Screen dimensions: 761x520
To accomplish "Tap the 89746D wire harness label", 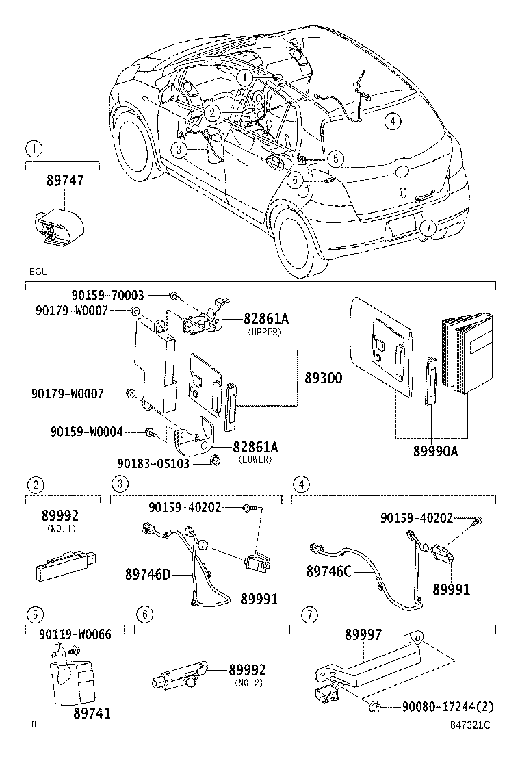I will pyautogui.click(x=146, y=573).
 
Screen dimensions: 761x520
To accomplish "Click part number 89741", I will pyautogui.click(x=92, y=713).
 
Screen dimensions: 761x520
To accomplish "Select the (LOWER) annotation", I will pyautogui.click(x=255, y=459).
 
